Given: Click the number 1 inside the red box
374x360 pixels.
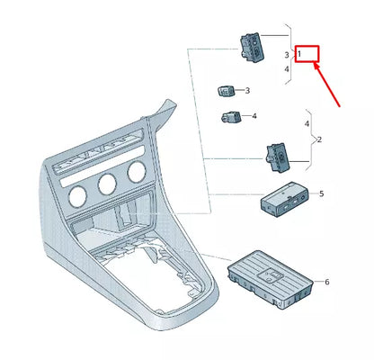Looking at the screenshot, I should pyautogui.click(x=299, y=55).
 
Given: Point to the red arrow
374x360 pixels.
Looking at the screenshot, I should pyautogui.click(x=325, y=85).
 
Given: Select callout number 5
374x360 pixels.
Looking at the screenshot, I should pyautogui.click(x=322, y=194).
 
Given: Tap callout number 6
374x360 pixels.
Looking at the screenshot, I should pyautogui.click(x=327, y=282).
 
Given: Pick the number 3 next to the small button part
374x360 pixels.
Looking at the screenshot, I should pyautogui.click(x=247, y=91).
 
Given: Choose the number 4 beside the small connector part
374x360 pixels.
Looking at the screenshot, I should pyautogui.click(x=254, y=116).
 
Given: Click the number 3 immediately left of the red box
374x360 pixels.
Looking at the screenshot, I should pyautogui.click(x=287, y=56).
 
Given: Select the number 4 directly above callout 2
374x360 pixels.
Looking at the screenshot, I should pyautogui.click(x=307, y=122).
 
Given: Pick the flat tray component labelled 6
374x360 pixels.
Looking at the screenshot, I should pyautogui.click(x=268, y=275).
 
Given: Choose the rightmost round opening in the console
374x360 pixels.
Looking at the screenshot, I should pyautogui.click(x=137, y=172).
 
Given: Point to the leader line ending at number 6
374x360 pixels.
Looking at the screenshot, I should pyautogui.click(x=310, y=282).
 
